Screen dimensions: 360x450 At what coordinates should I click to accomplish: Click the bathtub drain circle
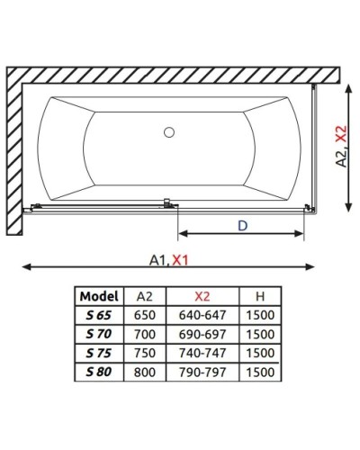[169, 132]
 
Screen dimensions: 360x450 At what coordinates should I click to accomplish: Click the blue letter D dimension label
[242, 226]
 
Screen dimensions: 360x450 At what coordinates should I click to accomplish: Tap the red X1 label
[181, 260]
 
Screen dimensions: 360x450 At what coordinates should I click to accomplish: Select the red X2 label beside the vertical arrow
[341, 133]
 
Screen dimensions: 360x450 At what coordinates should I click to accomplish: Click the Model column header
[99, 296]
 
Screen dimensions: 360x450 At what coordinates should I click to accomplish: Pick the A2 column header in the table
[145, 296]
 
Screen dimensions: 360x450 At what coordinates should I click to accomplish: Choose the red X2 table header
[202, 296]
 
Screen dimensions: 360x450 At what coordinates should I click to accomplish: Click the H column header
[260, 296]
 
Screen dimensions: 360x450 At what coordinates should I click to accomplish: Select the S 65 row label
[99, 315]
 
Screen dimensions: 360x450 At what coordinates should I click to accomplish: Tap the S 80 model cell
[99, 372]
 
